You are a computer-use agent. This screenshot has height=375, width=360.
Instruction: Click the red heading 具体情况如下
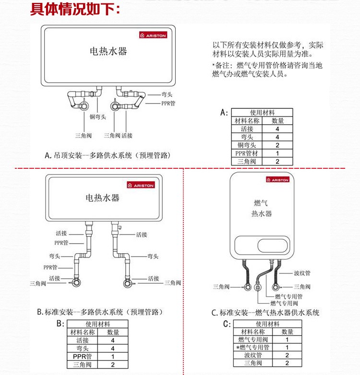coord(75,9)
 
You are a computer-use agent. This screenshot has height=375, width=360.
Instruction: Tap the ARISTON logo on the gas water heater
coord(278,180)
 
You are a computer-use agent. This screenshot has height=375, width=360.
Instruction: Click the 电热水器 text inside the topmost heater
coord(108,51)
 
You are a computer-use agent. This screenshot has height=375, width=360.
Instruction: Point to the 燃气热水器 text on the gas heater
coord(262,209)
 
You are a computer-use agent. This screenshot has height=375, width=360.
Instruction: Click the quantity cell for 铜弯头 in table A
coord(277,145)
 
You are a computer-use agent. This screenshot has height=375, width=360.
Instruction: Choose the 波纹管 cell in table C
coord(252,355)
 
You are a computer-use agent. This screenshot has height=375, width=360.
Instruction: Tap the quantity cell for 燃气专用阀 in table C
coord(287,340)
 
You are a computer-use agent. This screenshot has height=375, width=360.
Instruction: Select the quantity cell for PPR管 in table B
coord(113,357)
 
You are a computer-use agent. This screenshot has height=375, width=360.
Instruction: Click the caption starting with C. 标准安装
coord(265,313)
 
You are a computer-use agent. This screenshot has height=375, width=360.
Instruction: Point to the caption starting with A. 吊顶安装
coord(108,155)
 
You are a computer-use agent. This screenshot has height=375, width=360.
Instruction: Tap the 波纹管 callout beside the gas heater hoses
coord(302,273)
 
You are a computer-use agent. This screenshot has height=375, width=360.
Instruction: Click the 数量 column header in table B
coord(113,332)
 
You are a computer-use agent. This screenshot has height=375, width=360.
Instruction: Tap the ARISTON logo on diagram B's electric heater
coord(141,185)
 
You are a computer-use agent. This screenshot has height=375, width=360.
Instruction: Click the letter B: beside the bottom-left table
coord(60,324)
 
